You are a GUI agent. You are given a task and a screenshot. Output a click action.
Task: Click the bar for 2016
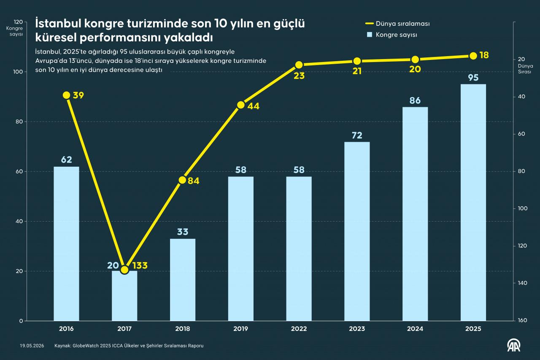click(66, 244)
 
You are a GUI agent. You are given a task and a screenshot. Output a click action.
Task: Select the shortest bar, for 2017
click(124, 296)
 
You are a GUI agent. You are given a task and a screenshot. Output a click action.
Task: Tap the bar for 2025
click(473, 202)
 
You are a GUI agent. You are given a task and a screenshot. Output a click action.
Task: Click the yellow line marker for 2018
click(183, 180)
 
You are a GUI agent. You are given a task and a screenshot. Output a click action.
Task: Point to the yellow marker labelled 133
click(124, 270)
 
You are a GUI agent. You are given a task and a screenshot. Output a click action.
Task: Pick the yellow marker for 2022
click(299, 65)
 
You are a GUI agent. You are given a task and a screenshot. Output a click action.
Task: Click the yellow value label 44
click(254, 106)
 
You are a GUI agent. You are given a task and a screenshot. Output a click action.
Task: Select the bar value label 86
click(415, 100)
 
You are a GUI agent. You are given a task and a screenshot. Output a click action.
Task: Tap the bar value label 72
click(357, 135)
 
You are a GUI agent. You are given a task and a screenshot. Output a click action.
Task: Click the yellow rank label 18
click(484, 55)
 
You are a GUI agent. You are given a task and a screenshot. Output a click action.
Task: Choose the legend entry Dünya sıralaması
click(397, 24)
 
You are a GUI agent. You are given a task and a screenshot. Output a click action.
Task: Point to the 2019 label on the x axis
click(240, 329)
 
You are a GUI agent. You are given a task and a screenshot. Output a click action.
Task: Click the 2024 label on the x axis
click(415, 329)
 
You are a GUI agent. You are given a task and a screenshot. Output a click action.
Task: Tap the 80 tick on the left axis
click(19, 122)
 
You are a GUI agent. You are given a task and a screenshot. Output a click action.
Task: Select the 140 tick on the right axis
click(523, 283)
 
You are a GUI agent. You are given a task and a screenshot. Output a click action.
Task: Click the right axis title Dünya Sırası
click(525, 69)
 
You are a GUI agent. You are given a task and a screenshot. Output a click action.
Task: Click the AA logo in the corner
click(514, 346)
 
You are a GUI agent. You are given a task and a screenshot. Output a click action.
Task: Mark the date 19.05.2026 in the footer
click(32, 346)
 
